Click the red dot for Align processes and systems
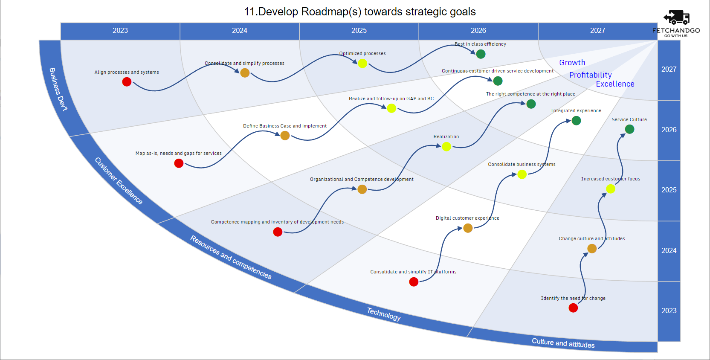pos(127,82)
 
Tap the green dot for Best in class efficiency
pos(481,54)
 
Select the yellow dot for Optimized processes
pos(362,64)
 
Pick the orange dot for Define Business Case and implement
pos(285,136)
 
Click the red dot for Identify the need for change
pos(573,308)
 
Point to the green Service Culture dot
pos(629,129)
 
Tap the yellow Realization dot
pos(446,147)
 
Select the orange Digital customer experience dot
pos(468,228)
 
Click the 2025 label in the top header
pos(359,31)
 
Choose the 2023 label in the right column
pos(669,311)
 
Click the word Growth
pos(572,63)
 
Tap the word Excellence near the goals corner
pos(615,84)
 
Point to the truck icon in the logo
pos(676,17)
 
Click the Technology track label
pos(384,314)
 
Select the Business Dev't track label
pos(58,89)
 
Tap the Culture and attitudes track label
pos(563,343)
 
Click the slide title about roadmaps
pos(359,12)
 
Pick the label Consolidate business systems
pos(522,164)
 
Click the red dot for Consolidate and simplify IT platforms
pos(414,282)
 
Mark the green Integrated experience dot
pos(576,121)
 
